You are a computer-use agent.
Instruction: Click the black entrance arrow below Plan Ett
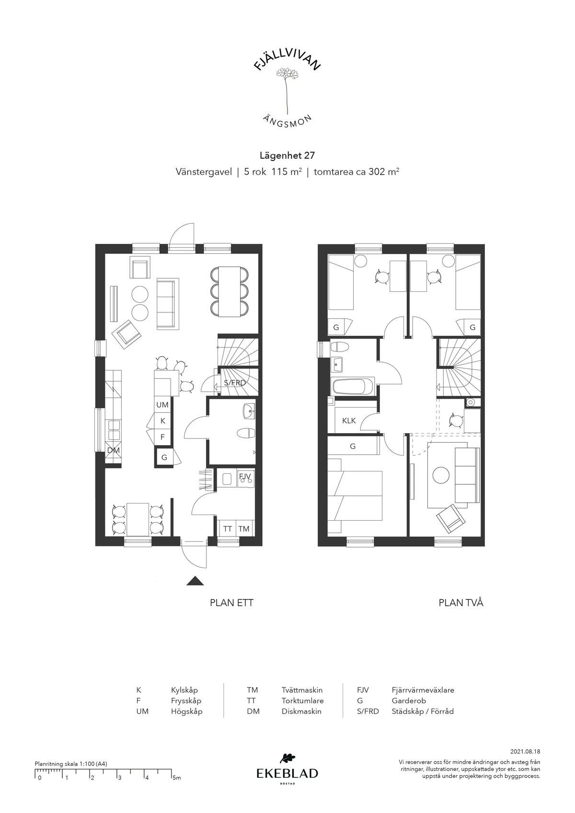tap(195, 581)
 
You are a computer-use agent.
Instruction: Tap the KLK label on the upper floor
tap(349, 421)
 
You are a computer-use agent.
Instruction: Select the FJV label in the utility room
tap(245, 476)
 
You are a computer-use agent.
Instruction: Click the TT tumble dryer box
tap(227, 528)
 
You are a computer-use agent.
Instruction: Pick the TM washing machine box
tap(244, 528)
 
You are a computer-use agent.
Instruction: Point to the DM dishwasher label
tap(113, 450)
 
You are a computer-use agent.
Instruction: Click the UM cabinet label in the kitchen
tap(162, 405)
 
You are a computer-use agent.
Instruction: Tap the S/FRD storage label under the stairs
tap(234, 382)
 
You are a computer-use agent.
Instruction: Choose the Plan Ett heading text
tap(231, 603)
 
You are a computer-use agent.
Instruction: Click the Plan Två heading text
tap(461, 603)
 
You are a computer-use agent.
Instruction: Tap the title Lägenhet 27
tap(287, 155)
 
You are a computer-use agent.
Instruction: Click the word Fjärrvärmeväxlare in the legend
tap(423, 690)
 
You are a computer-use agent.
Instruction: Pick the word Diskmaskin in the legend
tap(301, 711)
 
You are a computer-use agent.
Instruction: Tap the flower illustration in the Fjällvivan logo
tap(287, 91)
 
